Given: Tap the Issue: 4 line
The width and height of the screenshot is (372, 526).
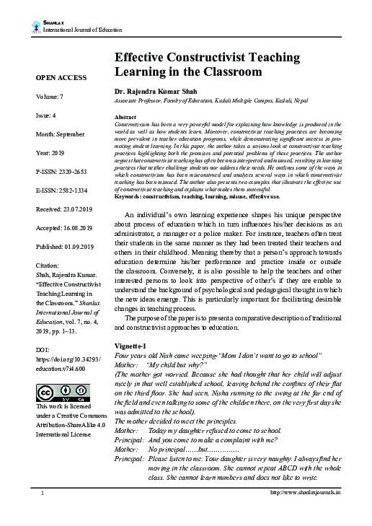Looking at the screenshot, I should point(44,115).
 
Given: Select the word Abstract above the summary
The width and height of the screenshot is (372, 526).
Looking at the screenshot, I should point(125,116).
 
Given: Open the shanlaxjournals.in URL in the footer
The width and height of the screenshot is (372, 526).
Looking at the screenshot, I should point(304,513).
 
